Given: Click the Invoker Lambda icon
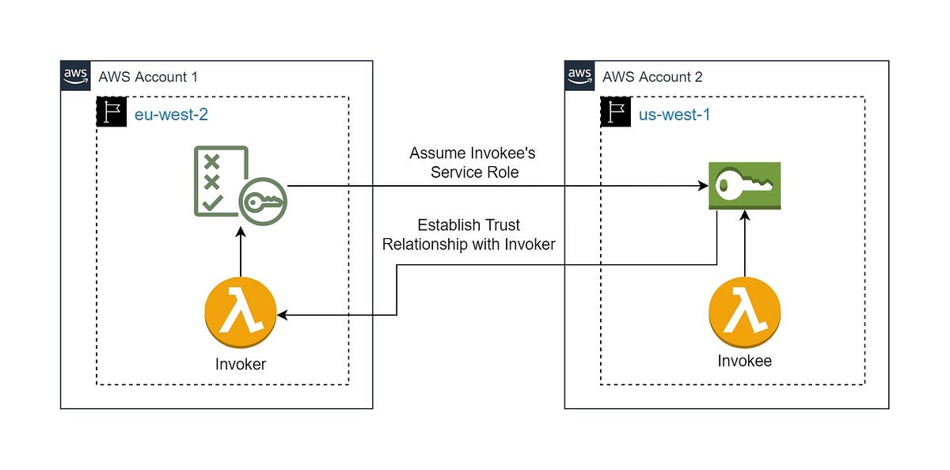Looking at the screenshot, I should click(240, 315).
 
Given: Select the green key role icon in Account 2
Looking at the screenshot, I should click(744, 186).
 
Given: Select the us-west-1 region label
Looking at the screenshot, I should click(674, 114).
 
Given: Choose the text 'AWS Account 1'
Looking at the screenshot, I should click(148, 77).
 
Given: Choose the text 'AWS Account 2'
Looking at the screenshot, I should click(652, 77).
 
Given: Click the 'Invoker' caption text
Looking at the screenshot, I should click(240, 365).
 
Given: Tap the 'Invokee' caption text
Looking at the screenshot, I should click(744, 361).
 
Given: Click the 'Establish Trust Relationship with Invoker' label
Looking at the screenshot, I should click(469, 235).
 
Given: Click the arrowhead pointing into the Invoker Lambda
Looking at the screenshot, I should click(283, 315).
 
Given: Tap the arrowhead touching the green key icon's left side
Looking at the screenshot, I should click(703, 187).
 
